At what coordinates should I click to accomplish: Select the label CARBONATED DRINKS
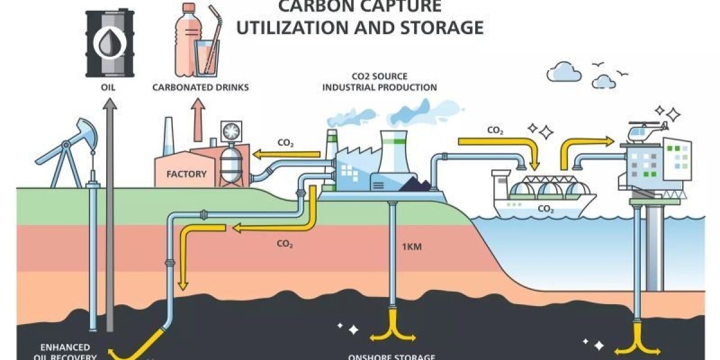point(200,88)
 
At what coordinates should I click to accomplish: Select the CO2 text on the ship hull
point(545,209)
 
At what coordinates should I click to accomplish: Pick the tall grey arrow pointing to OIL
point(109,210)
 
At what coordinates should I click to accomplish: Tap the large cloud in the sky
point(563,72)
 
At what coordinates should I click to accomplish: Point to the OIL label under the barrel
point(109,88)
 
